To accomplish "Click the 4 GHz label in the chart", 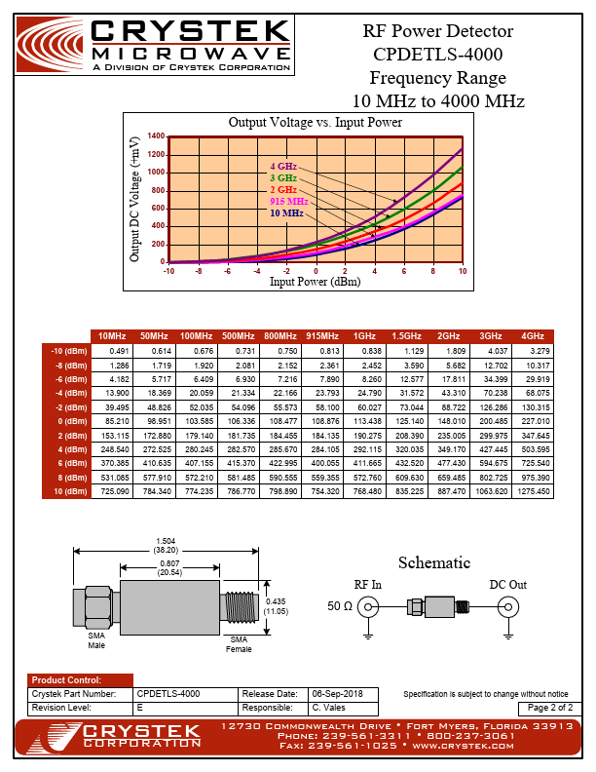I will pyautogui.click(x=283, y=167).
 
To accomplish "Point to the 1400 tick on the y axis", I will pyautogui.click(x=156, y=136).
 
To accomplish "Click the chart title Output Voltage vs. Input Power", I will pyautogui.click(x=315, y=123).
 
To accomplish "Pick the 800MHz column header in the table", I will pyautogui.click(x=279, y=336).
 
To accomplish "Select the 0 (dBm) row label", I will pyautogui.click(x=67, y=420).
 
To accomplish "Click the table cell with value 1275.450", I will pyautogui.click(x=533, y=491).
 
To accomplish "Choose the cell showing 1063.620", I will pyautogui.click(x=491, y=491).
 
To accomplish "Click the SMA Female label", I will pyautogui.click(x=239, y=644).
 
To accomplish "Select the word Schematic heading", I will pyautogui.click(x=434, y=562).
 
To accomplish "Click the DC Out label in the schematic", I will pyautogui.click(x=507, y=585).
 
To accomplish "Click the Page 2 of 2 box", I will pyautogui.click(x=550, y=707).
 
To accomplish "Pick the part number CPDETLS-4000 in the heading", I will pyautogui.click(x=437, y=55).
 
